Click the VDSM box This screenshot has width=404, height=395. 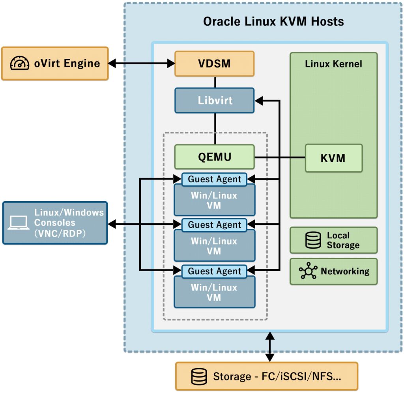pyautogui.click(x=215, y=64)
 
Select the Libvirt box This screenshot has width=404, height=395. pyautogui.click(x=215, y=101)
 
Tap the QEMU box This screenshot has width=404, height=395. pyautogui.click(x=215, y=157)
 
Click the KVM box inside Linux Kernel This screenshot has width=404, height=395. pyautogui.click(x=333, y=158)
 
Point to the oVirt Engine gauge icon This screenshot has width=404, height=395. pyautogui.click(x=20, y=64)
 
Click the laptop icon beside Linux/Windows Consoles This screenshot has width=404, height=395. pyautogui.click(x=19, y=223)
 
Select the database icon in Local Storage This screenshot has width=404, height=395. pyautogui.click(x=313, y=240)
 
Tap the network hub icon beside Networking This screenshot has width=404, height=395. pyautogui.click(x=308, y=271)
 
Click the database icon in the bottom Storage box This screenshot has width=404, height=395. pyautogui.click(x=199, y=376)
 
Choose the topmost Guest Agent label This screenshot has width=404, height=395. pyautogui.click(x=214, y=179)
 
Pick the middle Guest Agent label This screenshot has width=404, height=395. pyautogui.click(x=214, y=225)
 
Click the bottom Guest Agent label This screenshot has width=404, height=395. pyautogui.click(x=214, y=271)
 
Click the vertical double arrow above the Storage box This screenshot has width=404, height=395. pyautogui.click(x=269, y=347)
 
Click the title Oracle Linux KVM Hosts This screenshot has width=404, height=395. pyautogui.click(x=273, y=21)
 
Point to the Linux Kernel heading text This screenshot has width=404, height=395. pyautogui.click(x=333, y=64)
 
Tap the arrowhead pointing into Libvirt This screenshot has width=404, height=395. pyautogui.click(x=259, y=101)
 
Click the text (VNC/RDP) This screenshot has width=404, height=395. pyautogui.click(x=60, y=234)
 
